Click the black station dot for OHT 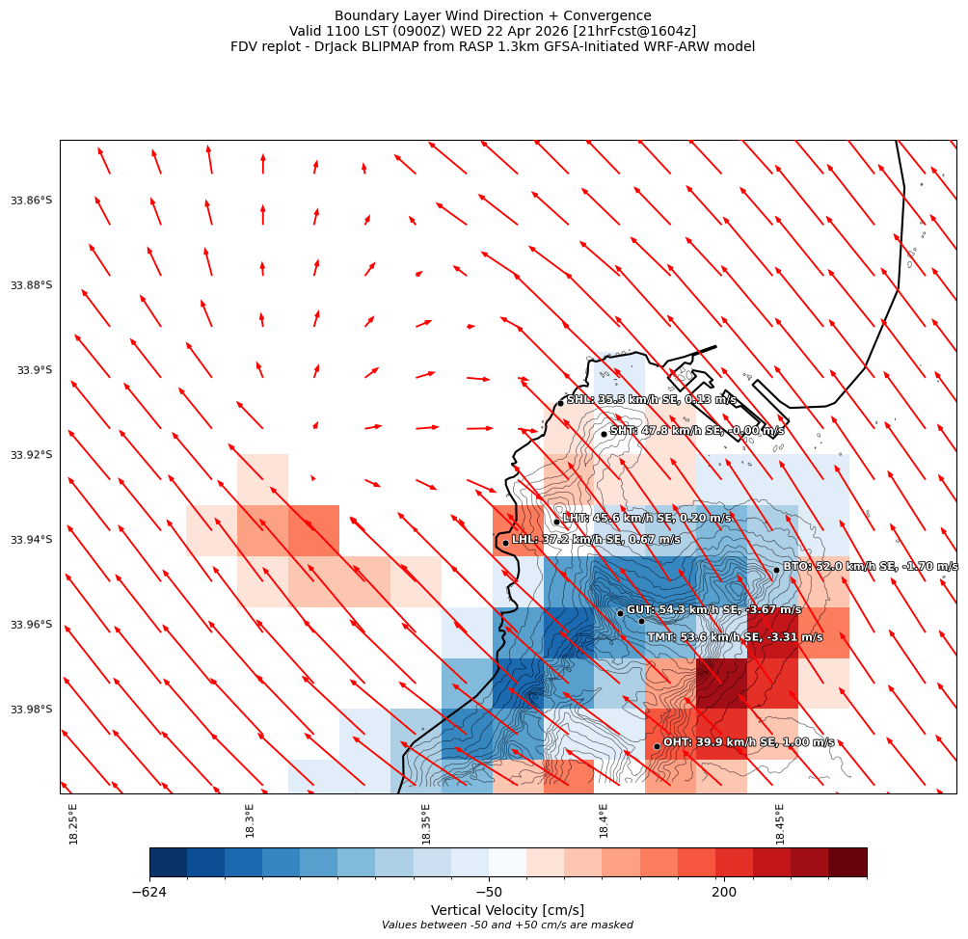(x=657, y=746)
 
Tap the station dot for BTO (x=776, y=570)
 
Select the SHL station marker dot (x=560, y=403)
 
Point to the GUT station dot (x=620, y=613)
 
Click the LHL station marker (x=505, y=543)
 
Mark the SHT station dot (x=604, y=434)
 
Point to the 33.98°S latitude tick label (x=31, y=710)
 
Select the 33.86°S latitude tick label (x=31, y=201)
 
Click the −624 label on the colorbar (x=149, y=893)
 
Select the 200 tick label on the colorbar (x=724, y=893)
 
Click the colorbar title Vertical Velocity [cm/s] (x=507, y=910)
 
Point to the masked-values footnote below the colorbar (x=507, y=926)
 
